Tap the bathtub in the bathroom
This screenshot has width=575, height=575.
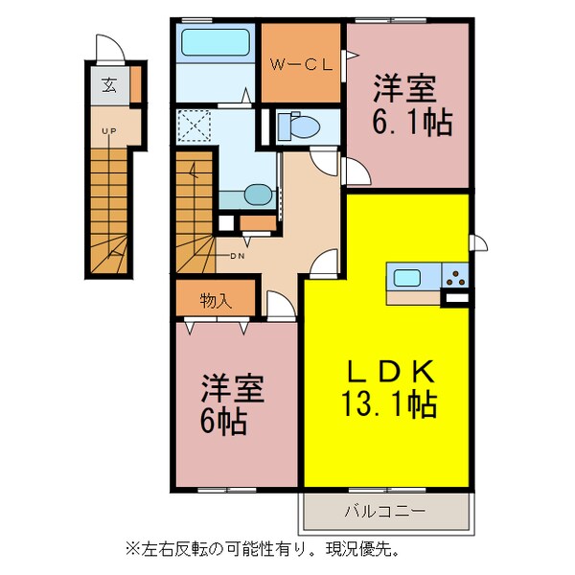[x=215, y=43]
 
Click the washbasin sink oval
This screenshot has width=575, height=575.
[x=257, y=195]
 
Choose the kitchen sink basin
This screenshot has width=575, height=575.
[x=406, y=278]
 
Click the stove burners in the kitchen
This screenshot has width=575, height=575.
[x=455, y=280]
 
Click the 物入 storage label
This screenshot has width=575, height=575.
[x=215, y=300]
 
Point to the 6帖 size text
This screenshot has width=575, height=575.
[x=223, y=420]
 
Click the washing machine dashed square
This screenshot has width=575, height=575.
[x=195, y=126]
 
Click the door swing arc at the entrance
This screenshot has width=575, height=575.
[x=108, y=47]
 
